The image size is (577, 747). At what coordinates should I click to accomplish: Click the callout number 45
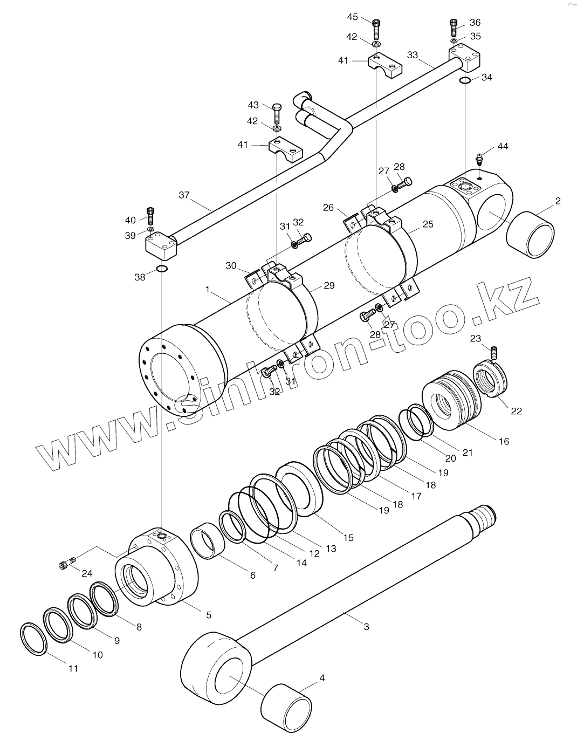352,17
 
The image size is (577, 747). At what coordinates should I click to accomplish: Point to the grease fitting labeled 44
479,159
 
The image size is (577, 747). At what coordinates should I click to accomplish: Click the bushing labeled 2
531,234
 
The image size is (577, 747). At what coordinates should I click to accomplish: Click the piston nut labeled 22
490,380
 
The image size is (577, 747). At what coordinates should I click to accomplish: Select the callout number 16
503,441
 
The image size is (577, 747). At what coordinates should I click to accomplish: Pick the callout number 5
209,614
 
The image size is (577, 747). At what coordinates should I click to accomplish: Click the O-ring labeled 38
161,269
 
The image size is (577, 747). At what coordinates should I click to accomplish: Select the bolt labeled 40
150,216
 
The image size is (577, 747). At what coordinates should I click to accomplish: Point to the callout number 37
184,195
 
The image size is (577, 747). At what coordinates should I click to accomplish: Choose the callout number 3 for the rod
367,627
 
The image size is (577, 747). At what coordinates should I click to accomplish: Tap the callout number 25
428,224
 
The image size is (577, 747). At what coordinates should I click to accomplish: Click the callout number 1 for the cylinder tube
208,290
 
